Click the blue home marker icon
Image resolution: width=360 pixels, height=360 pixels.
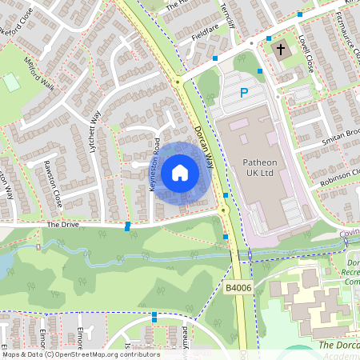click(180, 173)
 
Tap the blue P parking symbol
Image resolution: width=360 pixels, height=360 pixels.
click(244, 94)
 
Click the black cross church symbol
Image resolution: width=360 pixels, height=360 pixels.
click(280, 50)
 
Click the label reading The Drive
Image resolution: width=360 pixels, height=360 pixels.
click(61, 225)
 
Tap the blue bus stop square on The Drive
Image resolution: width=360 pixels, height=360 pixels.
click(127, 226)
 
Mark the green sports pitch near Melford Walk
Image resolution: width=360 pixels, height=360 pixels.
click(11, 82)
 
